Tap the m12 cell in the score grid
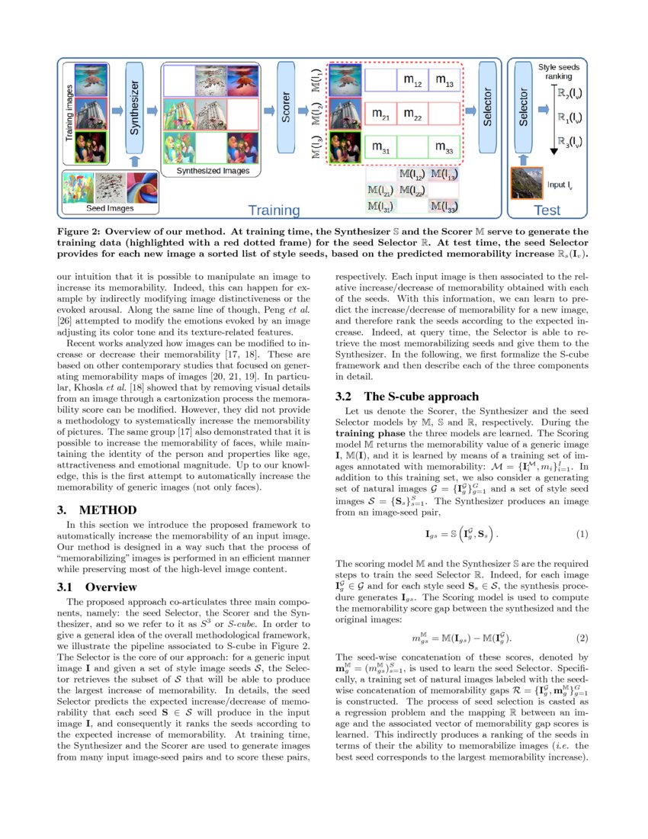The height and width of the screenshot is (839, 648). tap(412, 80)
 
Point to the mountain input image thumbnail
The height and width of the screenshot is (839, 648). tap(526, 184)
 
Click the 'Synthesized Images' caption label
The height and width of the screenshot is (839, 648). tap(213, 172)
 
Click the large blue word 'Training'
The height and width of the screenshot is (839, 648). tap(280, 209)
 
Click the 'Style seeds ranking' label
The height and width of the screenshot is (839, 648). tap(559, 72)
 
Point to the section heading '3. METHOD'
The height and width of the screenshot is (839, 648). tap(97, 510)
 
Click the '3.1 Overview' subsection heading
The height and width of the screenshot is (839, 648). tap(98, 587)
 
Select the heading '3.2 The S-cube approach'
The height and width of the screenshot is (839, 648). tap(407, 396)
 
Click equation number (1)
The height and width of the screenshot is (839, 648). tap(582, 532)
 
